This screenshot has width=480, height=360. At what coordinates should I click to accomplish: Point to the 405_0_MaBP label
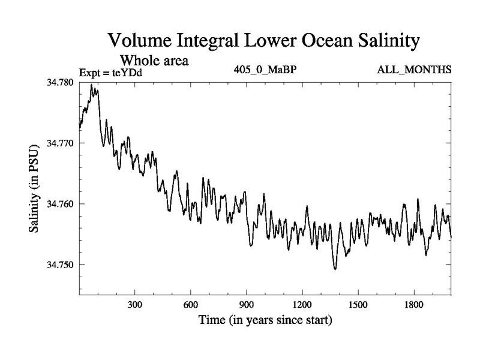tap(265, 70)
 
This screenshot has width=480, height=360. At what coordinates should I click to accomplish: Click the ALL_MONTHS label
tap(414, 70)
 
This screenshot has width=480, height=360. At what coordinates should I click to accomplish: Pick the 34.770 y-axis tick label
tap(61, 143)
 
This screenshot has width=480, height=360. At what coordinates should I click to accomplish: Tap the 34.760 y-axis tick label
tap(61, 204)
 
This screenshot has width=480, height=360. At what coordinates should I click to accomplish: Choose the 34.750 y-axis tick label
tap(61, 265)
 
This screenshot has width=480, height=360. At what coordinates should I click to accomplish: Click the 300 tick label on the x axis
tap(135, 305)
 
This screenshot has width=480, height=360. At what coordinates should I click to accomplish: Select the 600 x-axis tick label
tap(191, 305)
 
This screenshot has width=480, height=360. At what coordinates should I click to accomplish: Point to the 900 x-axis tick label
tap(247, 305)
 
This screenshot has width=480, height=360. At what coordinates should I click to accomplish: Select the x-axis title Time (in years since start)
tap(265, 320)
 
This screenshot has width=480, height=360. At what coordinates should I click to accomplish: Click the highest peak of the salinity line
tap(91, 85)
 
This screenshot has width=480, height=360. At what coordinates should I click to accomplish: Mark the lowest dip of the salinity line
tap(335, 269)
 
